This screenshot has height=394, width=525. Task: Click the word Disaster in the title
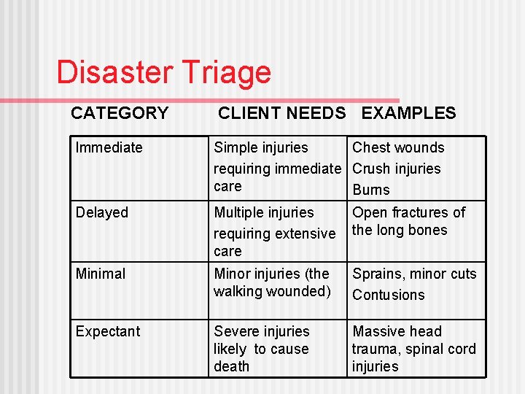coord(109,72)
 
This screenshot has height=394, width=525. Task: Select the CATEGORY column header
coord(120,113)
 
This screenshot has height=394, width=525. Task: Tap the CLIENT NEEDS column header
coord(281,113)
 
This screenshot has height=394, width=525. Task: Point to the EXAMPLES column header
coord(408,113)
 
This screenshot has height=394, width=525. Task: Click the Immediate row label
coord(109,147)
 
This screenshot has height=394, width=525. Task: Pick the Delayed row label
coord(102,212)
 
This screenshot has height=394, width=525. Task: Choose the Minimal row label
coord(101,274)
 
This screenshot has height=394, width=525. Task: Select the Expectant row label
coord(108,331)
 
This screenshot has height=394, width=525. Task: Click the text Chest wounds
coord(398,147)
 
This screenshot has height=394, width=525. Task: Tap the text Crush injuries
coord(397,169)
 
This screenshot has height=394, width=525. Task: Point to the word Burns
coord(371,190)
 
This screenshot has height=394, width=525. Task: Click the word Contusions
coord(388,295)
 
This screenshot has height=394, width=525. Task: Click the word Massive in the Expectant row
coord(378,331)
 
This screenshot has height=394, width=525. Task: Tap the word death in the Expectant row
coord(231,366)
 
